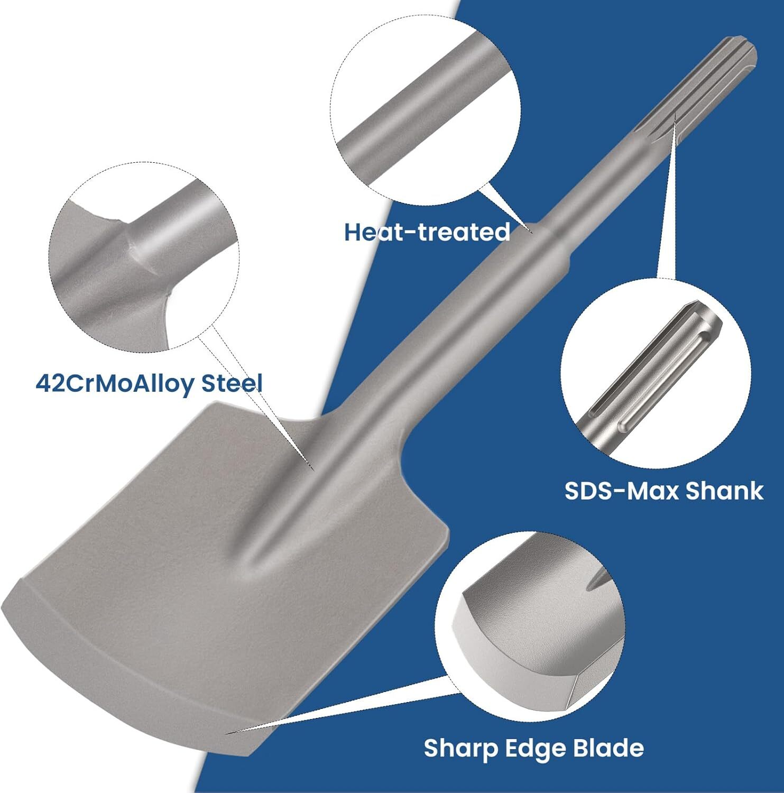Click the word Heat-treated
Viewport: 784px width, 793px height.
(x=427, y=232)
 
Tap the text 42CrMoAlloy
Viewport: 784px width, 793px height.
(x=115, y=383)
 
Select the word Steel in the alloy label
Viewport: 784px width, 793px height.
(x=232, y=383)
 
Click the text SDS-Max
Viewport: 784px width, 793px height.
(x=622, y=491)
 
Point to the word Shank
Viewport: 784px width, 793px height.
(x=725, y=491)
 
